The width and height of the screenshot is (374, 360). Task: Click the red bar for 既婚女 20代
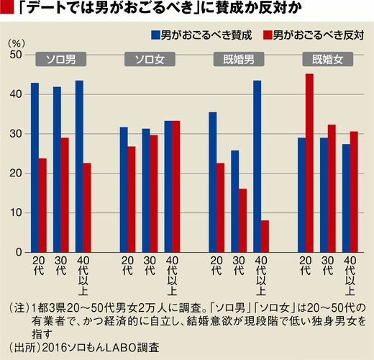(x=309, y=163)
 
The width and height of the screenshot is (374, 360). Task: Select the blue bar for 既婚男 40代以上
(x=257, y=166)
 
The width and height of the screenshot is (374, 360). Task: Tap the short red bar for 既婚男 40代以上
(x=265, y=236)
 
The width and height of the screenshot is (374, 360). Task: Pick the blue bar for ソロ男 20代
(x=35, y=168)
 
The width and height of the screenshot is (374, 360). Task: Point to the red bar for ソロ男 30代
(x=65, y=195)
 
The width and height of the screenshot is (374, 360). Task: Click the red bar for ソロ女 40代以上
(x=175, y=186)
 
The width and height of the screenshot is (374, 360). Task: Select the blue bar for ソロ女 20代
(x=124, y=189)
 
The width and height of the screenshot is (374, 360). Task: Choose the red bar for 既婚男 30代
(x=242, y=220)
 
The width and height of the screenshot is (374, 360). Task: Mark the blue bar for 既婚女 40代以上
(x=346, y=198)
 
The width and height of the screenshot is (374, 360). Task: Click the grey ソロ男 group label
(x=61, y=59)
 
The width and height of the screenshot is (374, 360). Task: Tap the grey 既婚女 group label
(x=328, y=59)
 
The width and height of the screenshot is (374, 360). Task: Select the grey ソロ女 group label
(x=150, y=59)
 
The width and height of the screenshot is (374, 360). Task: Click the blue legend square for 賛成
(x=155, y=35)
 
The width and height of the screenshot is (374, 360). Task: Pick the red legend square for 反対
(x=268, y=35)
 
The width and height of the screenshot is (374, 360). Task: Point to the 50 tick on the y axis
(x=16, y=55)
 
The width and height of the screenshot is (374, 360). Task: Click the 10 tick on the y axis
(x=16, y=212)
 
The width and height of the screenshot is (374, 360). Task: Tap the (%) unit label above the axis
(x=17, y=44)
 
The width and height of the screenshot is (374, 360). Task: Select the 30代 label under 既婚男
(x=239, y=266)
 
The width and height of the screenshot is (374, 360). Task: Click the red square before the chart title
(x=6, y=8)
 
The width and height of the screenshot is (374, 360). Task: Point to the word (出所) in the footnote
(x=24, y=348)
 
